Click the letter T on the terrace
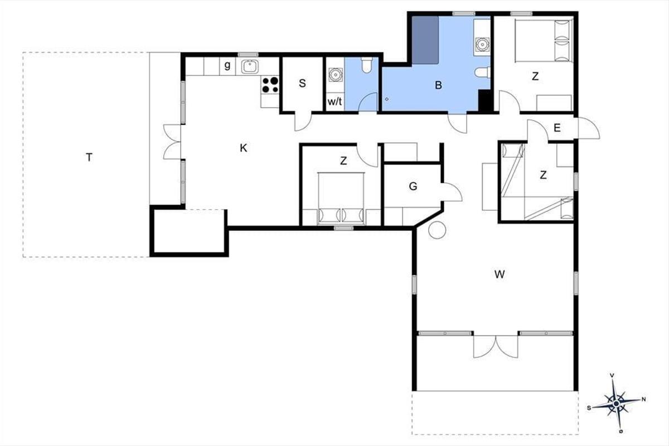point(89,157)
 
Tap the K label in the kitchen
point(244,148)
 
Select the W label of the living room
point(500,274)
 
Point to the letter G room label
point(413,186)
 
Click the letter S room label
point(302,83)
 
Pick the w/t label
point(335,101)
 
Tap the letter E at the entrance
point(557,128)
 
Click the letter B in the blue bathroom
point(438,85)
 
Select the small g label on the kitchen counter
point(227,65)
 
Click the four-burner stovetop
point(270,85)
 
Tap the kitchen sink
point(250,66)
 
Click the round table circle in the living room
point(437,230)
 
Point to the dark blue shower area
point(425,40)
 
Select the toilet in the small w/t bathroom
point(366,65)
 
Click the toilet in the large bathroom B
point(482,72)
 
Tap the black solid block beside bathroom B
point(486,101)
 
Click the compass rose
point(617,404)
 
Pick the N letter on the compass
point(644,399)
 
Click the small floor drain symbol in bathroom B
point(387,99)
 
